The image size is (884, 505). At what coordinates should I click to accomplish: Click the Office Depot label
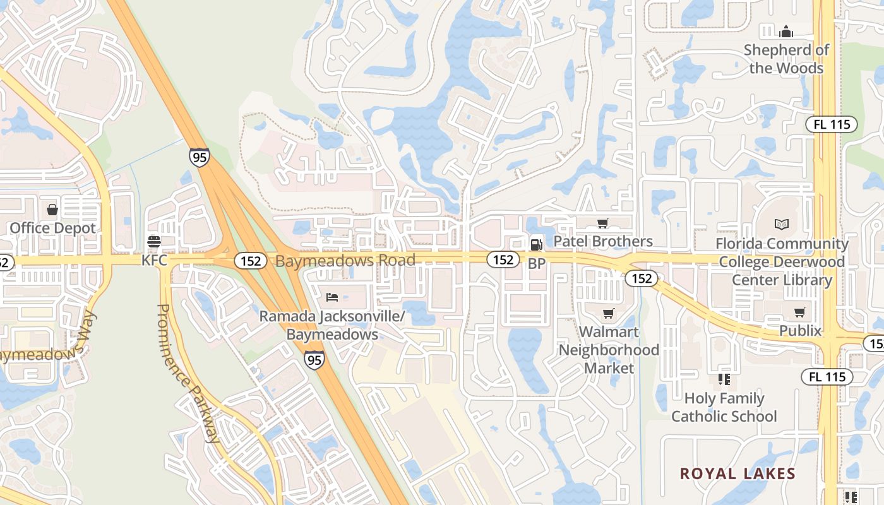tap(53, 228)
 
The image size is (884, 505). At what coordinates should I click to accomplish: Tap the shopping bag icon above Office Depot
tap(52, 209)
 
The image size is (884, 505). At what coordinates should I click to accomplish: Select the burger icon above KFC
tap(153, 241)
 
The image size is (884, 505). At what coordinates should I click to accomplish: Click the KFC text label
tap(154, 260)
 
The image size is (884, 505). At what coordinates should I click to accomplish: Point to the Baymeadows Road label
tap(346, 260)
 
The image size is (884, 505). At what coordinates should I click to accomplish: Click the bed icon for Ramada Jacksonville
tap(332, 297)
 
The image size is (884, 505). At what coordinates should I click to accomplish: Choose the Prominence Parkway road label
tap(188, 372)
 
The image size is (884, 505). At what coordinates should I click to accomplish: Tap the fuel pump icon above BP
tap(536, 243)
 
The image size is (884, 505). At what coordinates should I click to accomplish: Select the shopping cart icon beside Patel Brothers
tap(603, 223)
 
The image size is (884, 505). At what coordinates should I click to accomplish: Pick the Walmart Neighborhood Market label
tap(609, 350)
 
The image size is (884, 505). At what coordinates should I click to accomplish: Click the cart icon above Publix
tap(800, 312)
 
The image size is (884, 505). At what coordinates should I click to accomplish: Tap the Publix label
tap(800, 331)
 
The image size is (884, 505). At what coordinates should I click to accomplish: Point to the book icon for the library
tap(782, 224)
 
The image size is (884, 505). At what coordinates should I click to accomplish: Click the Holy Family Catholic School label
tap(724, 407)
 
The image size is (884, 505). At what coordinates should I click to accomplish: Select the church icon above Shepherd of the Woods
tap(786, 31)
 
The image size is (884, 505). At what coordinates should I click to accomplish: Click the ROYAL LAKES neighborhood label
tap(738, 473)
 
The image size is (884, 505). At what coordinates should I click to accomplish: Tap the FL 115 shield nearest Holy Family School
tap(827, 377)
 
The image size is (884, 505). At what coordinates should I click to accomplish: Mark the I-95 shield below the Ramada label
tap(314, 360)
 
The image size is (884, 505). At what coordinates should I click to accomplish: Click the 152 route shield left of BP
tap(503, 259)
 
